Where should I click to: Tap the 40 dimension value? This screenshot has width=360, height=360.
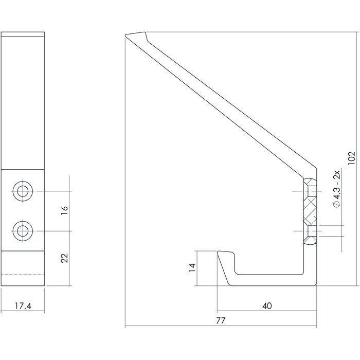(266, 306)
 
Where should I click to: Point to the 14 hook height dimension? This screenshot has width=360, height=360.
(192, 267)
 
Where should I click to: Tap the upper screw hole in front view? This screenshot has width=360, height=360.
(22, 191)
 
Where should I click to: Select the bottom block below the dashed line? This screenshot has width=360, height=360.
(25, 280)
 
